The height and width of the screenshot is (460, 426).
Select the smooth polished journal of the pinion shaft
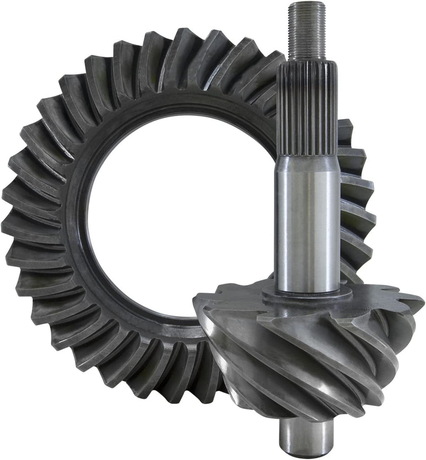(307, 225)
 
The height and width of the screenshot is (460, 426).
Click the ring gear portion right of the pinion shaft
(356, 198)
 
